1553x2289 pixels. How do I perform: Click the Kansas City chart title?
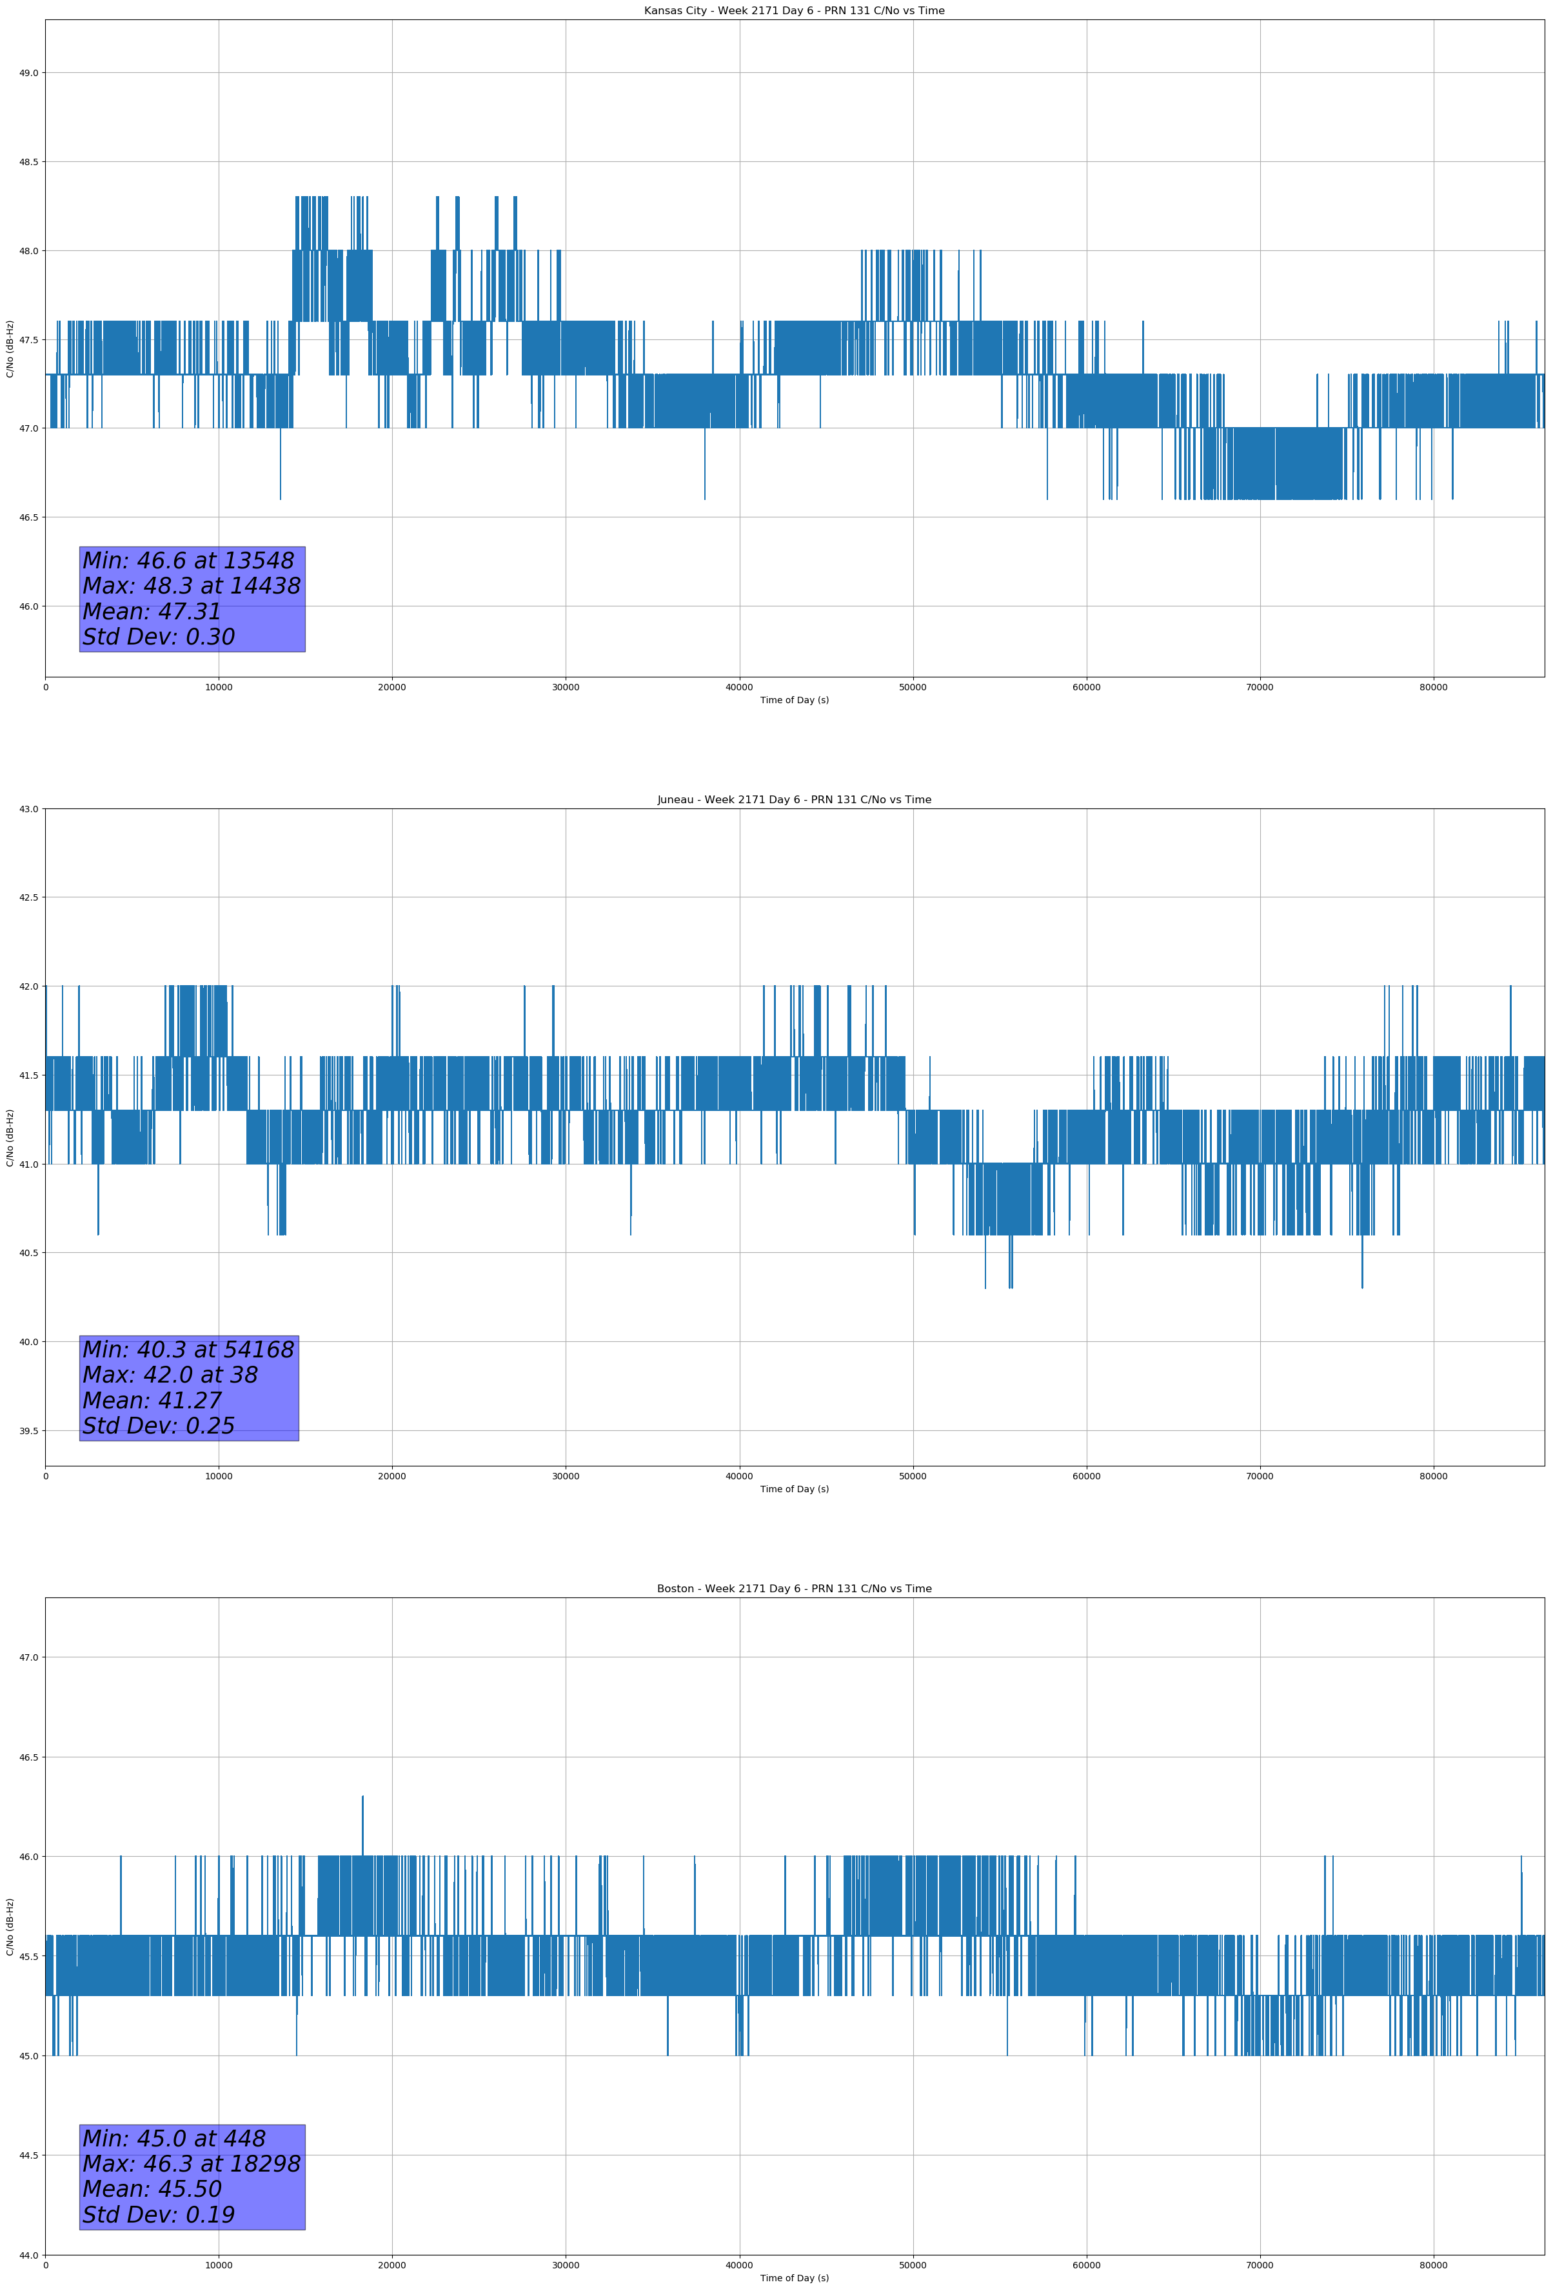tap(794, 11)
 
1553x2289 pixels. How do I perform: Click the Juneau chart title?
tap(794, 800)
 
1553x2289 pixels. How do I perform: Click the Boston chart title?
tap(794, 1589)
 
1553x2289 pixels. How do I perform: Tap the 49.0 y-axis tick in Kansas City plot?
tap(28, 73)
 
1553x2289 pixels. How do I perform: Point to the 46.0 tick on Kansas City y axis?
tap(28, 606)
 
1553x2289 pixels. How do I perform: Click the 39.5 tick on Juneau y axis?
tap(28, 1431)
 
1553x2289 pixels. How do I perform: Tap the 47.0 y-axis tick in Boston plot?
tap(28, 1657)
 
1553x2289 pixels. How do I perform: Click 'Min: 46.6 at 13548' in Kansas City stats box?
tap(188, 561)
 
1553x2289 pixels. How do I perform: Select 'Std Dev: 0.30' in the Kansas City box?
tap(159, 637)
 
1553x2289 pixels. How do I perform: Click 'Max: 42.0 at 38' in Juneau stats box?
tap(170, 1375)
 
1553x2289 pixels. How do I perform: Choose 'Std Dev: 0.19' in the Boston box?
tap(159, 2215)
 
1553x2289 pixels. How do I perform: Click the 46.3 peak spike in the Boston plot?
tap(362, 1799)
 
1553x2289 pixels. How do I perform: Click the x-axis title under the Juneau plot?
tap(794, 1489)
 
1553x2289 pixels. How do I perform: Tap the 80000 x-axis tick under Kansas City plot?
tap(1433, 688)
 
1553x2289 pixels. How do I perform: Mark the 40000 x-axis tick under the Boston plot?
tap(738, 2265)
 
